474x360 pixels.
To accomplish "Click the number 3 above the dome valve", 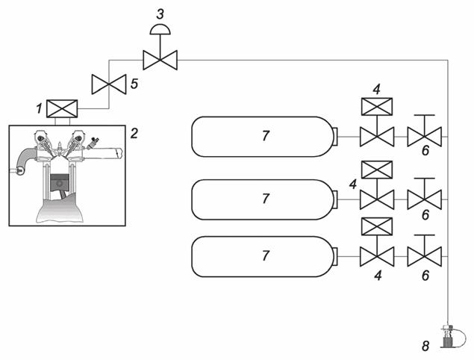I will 160,13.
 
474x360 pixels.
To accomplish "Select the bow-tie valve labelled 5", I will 108,84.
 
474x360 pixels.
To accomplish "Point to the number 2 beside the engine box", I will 134,134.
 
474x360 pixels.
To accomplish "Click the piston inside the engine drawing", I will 62,186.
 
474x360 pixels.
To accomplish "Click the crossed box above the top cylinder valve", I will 377,106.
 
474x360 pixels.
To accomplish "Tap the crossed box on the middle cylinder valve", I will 377,170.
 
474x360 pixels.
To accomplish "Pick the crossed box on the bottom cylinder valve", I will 377,226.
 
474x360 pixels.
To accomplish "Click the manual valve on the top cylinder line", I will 425,137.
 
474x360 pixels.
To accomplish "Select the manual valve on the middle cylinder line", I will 425,199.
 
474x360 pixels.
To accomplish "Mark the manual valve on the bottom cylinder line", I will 425,256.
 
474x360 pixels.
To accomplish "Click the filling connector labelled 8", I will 448,338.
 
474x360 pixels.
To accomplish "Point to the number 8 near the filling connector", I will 425,346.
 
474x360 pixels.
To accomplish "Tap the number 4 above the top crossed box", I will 377,88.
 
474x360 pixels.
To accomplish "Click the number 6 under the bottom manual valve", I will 425,276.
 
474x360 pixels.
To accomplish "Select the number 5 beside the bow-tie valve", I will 134,84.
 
